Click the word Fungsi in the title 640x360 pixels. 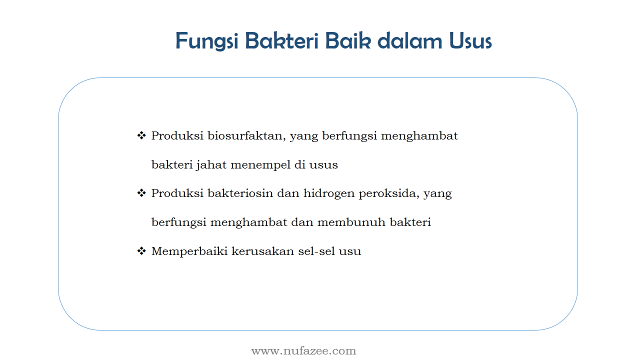click(206, 41)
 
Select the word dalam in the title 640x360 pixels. click(409, 40)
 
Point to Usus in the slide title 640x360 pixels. click(470, 40)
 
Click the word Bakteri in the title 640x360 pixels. click(281, 40)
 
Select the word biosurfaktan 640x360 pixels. click(246, 136)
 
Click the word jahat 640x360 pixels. click(211, 165)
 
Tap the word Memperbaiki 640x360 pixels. click(189, 251)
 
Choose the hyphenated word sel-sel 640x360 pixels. click(316, 251)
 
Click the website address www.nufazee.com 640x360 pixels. click(303, 351)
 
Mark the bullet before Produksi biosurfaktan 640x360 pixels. click(141, 135)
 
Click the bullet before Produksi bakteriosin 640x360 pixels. click(141, 193)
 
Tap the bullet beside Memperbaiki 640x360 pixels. click(141, 251)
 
